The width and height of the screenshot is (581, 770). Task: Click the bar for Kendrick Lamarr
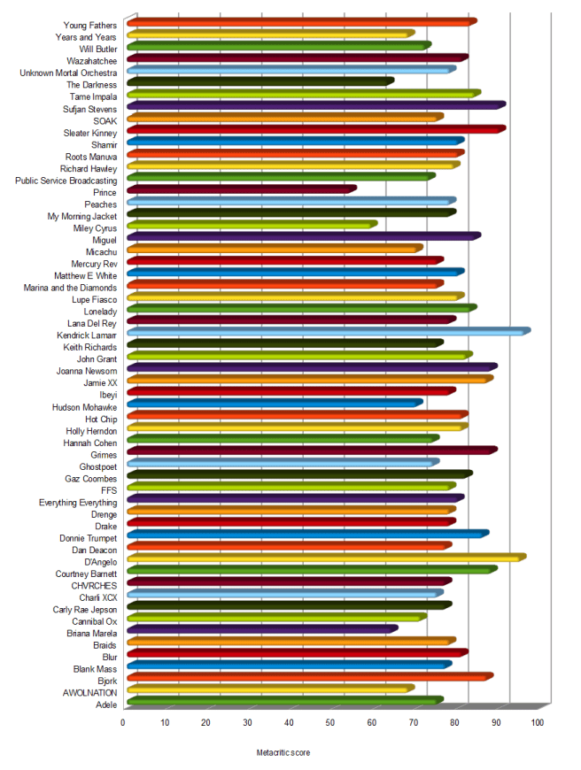pyautogui.click(x=328, y=331)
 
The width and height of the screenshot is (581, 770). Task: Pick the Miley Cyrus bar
pyautogui.click(x=252, y=224)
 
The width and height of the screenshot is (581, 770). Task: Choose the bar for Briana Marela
pyautogui.click(x=262, y=629)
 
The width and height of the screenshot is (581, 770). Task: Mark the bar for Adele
pyautogui.click(x=284, y=701)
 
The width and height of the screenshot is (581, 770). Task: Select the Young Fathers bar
pyautogui.click(x=301, y=21)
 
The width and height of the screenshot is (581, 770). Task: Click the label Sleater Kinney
pyautogui.click(x=90, y=133)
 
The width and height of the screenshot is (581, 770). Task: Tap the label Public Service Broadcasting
pyautogui.click(x=66, y=181)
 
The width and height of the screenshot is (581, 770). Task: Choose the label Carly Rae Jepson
pyautogui.click(x=85, y=610)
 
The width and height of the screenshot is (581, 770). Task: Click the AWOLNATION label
pyautogui.click(x=89, y=693)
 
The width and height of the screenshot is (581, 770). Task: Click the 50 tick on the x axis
pyautogui.click(x=330, y=723)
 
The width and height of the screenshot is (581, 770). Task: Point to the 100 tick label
pyautogui.click(x=538, y=723)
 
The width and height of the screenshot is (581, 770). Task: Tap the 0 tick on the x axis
pyautogui.click(x=123, y=723)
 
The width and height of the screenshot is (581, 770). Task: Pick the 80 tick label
pyautogui.click(x=454, y=723)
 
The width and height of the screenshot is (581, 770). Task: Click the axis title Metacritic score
pyautogui.click(x=283, y=752)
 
